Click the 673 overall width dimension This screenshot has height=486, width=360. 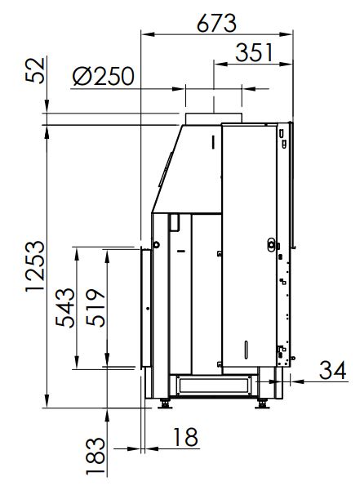pos(216,23)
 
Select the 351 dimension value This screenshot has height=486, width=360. pos(254,53)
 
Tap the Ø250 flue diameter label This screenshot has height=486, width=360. pos(104,76)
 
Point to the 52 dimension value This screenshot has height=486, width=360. pos(35,70)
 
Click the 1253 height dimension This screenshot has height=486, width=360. pos(35,266)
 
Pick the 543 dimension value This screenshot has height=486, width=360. pos(65,307)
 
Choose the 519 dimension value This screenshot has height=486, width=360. pos(96,307)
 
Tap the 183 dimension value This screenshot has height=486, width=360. pos(96,456)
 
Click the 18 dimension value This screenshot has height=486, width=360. pos(185,437)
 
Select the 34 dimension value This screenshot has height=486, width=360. pos(332,370)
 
